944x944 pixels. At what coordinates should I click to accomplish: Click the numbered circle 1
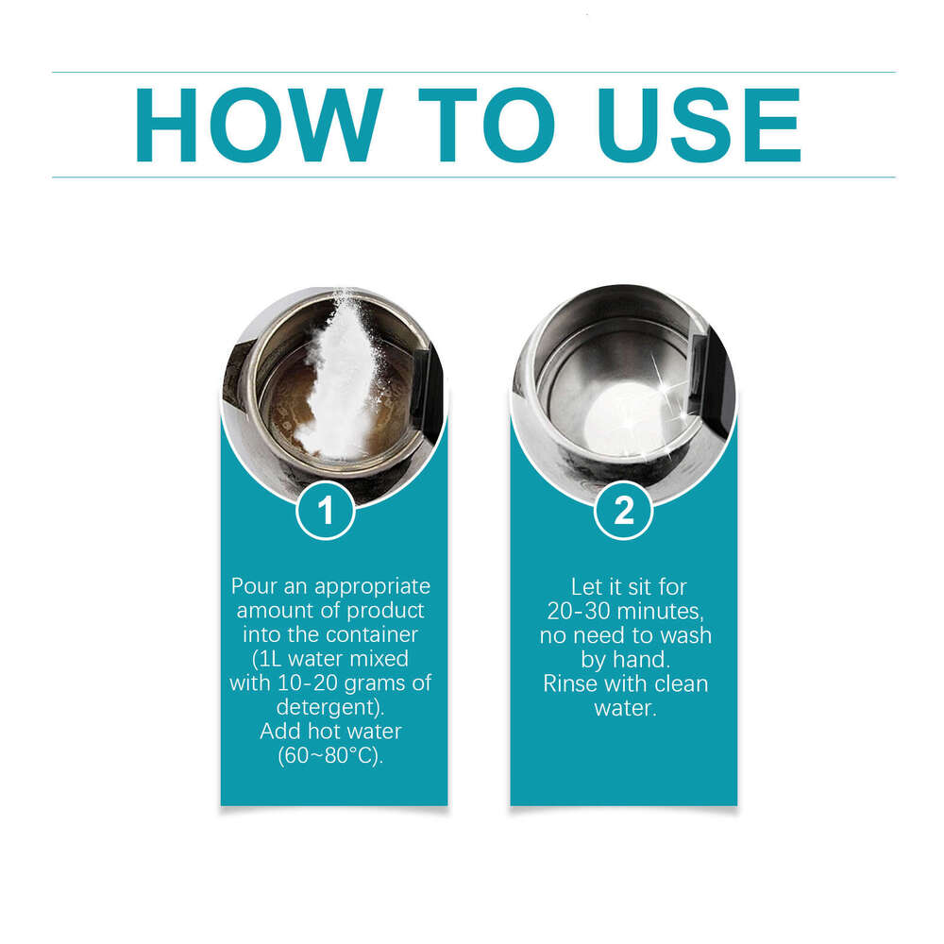(326, 512)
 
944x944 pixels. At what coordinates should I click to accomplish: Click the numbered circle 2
(623, 512)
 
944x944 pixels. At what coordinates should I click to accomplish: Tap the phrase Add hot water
(330, 732)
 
